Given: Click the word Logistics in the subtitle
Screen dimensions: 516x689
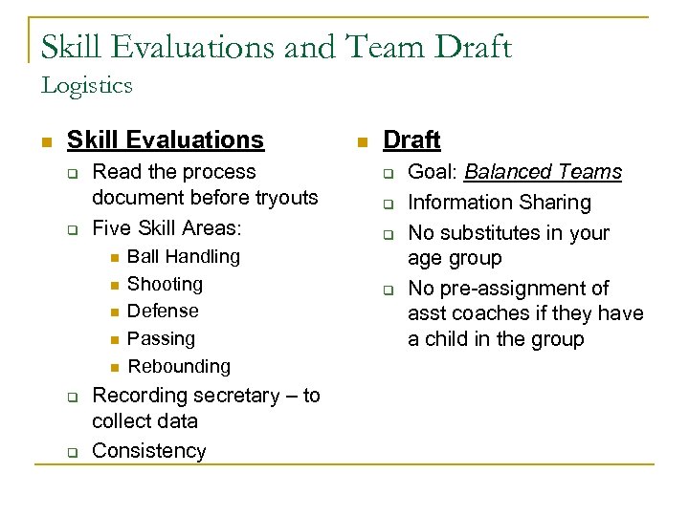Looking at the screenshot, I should point(86,85).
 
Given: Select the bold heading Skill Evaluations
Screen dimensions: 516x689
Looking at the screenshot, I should point(165,140).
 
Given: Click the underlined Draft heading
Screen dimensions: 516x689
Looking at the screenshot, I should point(411,140).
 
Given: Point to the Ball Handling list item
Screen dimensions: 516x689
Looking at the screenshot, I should point(184,256).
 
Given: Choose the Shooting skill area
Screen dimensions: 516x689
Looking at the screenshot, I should point(165,284).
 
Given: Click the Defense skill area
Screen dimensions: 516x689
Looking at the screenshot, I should point(163,311).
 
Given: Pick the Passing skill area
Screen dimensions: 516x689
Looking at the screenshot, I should point(161,338).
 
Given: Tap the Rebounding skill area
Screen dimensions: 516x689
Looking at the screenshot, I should point(179,366).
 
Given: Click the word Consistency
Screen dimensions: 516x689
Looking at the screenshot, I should point(148,451).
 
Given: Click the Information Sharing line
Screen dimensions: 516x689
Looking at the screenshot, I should point(499,203).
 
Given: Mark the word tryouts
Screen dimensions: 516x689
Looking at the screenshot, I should point(283,198).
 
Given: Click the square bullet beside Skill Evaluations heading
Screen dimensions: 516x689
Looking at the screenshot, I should point(44,141).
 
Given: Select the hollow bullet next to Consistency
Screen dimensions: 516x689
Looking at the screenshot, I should point(71,452).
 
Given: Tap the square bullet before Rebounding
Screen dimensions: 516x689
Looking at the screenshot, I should point(112,367).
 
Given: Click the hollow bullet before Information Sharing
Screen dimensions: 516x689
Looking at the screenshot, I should point(389,204).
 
